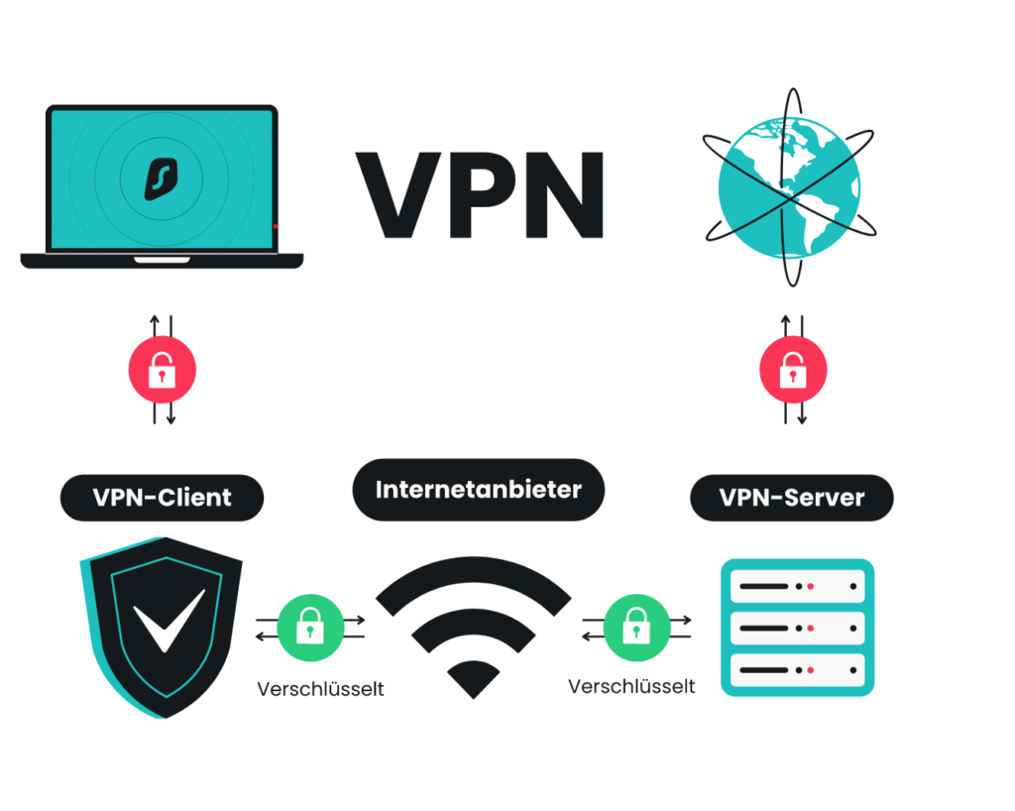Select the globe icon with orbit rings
[790, 187]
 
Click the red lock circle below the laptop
[162, 372]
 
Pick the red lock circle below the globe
[793, 372]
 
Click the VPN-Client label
[162, 498]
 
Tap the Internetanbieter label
[478, 489]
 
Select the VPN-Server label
[791, 498]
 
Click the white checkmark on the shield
[169, 621]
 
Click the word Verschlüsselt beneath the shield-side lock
[320, 687]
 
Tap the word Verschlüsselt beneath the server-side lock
[632, 686]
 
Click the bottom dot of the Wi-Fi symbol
[474, 680]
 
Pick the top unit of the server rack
[797, 587]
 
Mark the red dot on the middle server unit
[810, 628]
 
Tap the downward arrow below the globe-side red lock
[802, 416]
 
